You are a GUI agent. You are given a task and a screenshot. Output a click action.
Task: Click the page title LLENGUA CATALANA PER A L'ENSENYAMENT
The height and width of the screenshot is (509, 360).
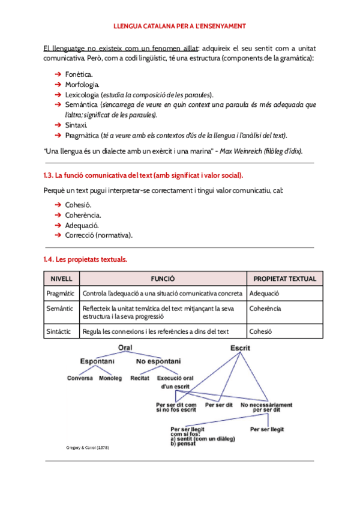(179, 26)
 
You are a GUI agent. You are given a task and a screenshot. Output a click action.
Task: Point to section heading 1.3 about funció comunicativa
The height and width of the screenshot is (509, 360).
(143, 175)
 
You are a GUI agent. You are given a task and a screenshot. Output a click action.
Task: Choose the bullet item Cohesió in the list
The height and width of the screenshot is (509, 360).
(78, 205)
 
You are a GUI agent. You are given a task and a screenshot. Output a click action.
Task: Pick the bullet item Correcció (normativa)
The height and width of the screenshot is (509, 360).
(98, 235)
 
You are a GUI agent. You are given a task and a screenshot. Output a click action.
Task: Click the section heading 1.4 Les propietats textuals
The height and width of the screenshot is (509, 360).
(85, 260)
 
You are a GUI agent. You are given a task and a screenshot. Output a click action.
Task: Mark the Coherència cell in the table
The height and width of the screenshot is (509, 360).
(265, 309)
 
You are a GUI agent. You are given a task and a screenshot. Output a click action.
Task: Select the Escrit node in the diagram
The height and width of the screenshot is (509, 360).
(241, 348)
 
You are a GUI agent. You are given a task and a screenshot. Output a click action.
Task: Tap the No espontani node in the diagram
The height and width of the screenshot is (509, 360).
(158, 361)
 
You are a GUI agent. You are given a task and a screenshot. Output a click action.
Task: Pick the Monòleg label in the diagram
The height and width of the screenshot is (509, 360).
(110, 379)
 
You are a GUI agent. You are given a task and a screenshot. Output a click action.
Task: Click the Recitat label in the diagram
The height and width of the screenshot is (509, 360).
(140, 379)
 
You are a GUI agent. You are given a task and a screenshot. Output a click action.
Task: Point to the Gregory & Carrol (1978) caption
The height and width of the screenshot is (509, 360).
(88, 448)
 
